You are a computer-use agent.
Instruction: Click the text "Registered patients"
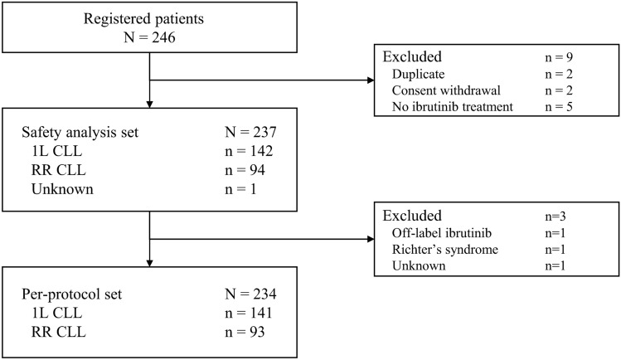click(143, 19)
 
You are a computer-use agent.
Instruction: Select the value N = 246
click(149, 37)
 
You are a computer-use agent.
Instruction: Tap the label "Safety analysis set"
click(80, 132)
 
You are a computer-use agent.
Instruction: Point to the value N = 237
click(250, 132)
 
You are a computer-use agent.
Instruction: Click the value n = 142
click(249, 151)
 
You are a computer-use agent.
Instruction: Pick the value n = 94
click(245, 170)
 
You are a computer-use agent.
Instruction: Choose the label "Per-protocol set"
click(71, 294)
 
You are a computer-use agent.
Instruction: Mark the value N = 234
click(250, 294)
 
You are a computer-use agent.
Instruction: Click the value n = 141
click(249, 313)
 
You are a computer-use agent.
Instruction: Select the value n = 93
click(245, 332)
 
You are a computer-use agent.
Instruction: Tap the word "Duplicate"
click(418, 74)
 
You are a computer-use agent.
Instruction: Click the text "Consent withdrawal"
click(446, 90)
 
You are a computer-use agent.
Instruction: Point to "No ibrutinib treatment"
click(453, 106)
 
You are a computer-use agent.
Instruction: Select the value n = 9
click(559, 57)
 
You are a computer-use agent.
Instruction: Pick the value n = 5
click(559, 106)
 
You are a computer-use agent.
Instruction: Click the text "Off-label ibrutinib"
click(442, 233)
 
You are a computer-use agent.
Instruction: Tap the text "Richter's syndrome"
click(445, 250)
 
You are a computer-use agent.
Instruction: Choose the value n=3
click(556, 216)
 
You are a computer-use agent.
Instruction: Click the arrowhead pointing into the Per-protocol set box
click(150, 263)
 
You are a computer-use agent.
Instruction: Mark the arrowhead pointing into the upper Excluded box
click(371, 80)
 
